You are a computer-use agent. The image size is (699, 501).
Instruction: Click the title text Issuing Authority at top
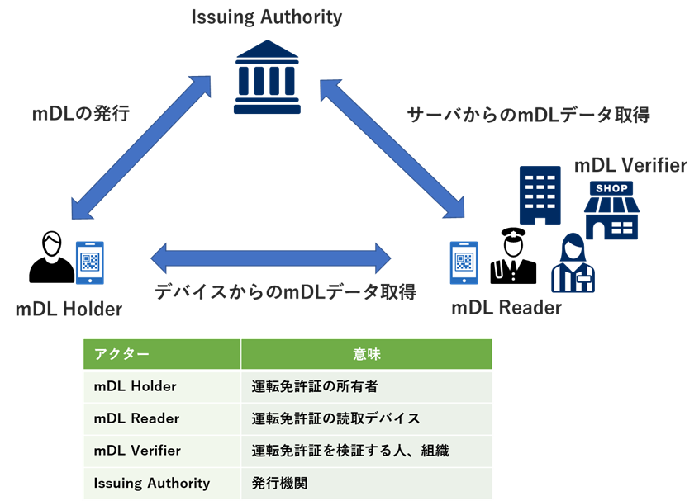tap(266, 17)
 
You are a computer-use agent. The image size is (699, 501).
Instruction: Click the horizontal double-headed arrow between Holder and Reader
tap(271, 258)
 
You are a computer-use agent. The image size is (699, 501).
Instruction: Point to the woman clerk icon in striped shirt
tap(572, 264)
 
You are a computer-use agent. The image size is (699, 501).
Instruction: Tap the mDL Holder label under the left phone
tap(69, 310)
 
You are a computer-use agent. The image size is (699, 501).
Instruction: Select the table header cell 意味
tap(366, 354)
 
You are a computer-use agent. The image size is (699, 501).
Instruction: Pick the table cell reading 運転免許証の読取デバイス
tap(335, 418)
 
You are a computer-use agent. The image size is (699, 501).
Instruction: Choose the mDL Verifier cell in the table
tap(137, 451)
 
